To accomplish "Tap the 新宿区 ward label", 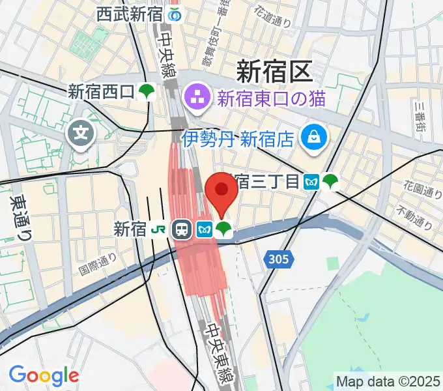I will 274,70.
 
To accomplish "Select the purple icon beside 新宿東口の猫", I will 197,98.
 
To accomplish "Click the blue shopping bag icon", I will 314,137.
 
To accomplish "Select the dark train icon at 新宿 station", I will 181,229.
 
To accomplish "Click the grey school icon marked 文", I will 81,136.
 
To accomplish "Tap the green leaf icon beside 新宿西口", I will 148,92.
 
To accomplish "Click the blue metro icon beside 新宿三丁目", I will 311,181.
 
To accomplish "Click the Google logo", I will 44,375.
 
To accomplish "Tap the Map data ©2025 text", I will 388,380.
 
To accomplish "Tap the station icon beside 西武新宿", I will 174,13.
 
